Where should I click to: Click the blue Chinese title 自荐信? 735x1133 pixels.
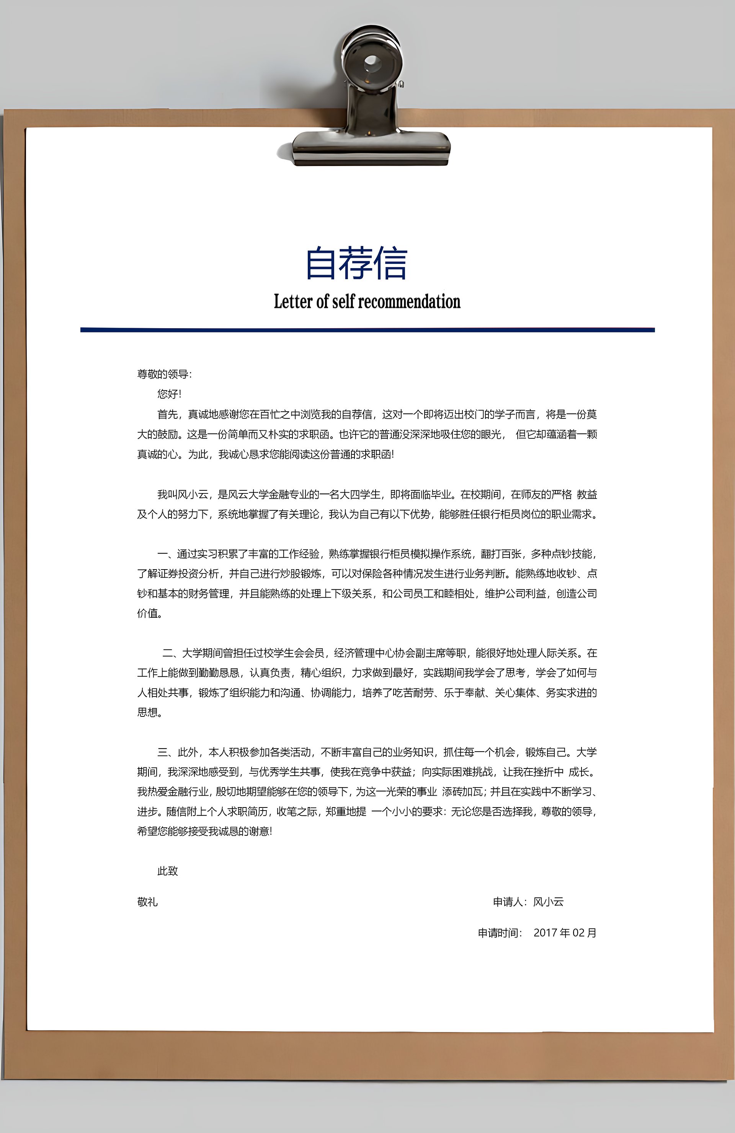pos(356,263)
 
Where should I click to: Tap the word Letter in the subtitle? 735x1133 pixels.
pos(292,301)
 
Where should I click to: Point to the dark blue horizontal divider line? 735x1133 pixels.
pos(367,329)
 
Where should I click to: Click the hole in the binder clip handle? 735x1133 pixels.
pos(372,62)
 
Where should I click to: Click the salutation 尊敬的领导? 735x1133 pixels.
pos(163,374)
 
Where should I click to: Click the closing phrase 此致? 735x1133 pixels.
pos(167,871)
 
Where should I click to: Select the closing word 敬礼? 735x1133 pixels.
pos(147,902)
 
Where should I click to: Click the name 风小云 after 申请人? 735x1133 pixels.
pos(548,902)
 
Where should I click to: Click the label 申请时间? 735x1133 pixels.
pos(498,933)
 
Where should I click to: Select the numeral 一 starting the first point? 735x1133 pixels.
pos(162,553)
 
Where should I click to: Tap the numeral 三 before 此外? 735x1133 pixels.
pos(162,752)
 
